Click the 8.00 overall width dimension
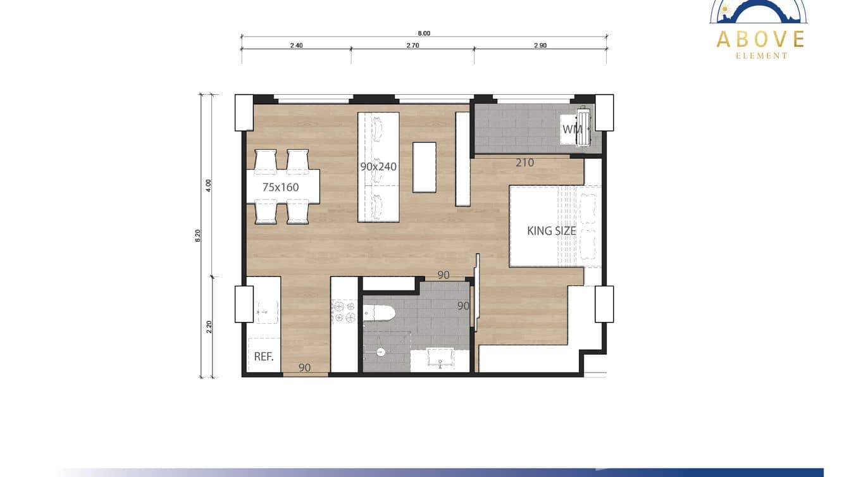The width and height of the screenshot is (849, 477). [x=424, y=34]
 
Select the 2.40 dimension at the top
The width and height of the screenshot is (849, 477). [x=296, y=46]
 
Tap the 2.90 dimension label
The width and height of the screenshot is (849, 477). [x=540, y=46]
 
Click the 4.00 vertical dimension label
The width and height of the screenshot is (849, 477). [x=209, y=185]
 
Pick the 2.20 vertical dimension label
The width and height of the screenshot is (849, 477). [x=209, y=326]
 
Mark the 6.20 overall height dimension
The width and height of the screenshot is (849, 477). [x=198, y=235]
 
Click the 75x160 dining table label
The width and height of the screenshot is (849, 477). [x=281, y=187]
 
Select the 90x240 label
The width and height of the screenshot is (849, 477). [x=378, y=167]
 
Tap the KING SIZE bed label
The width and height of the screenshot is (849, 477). [x=552, y=231]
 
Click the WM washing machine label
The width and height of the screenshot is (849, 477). [x=572, y=130]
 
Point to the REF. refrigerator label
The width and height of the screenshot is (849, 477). [x=264, y=356]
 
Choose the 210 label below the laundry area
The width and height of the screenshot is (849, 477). [x=524, y=163]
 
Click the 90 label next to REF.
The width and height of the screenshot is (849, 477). [x=304, y=367]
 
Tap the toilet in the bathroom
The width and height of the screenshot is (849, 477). [x=380, y=313]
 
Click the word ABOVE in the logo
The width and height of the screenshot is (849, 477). [x=760, y=39]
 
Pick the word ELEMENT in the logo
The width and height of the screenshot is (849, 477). [x=761, y=56]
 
